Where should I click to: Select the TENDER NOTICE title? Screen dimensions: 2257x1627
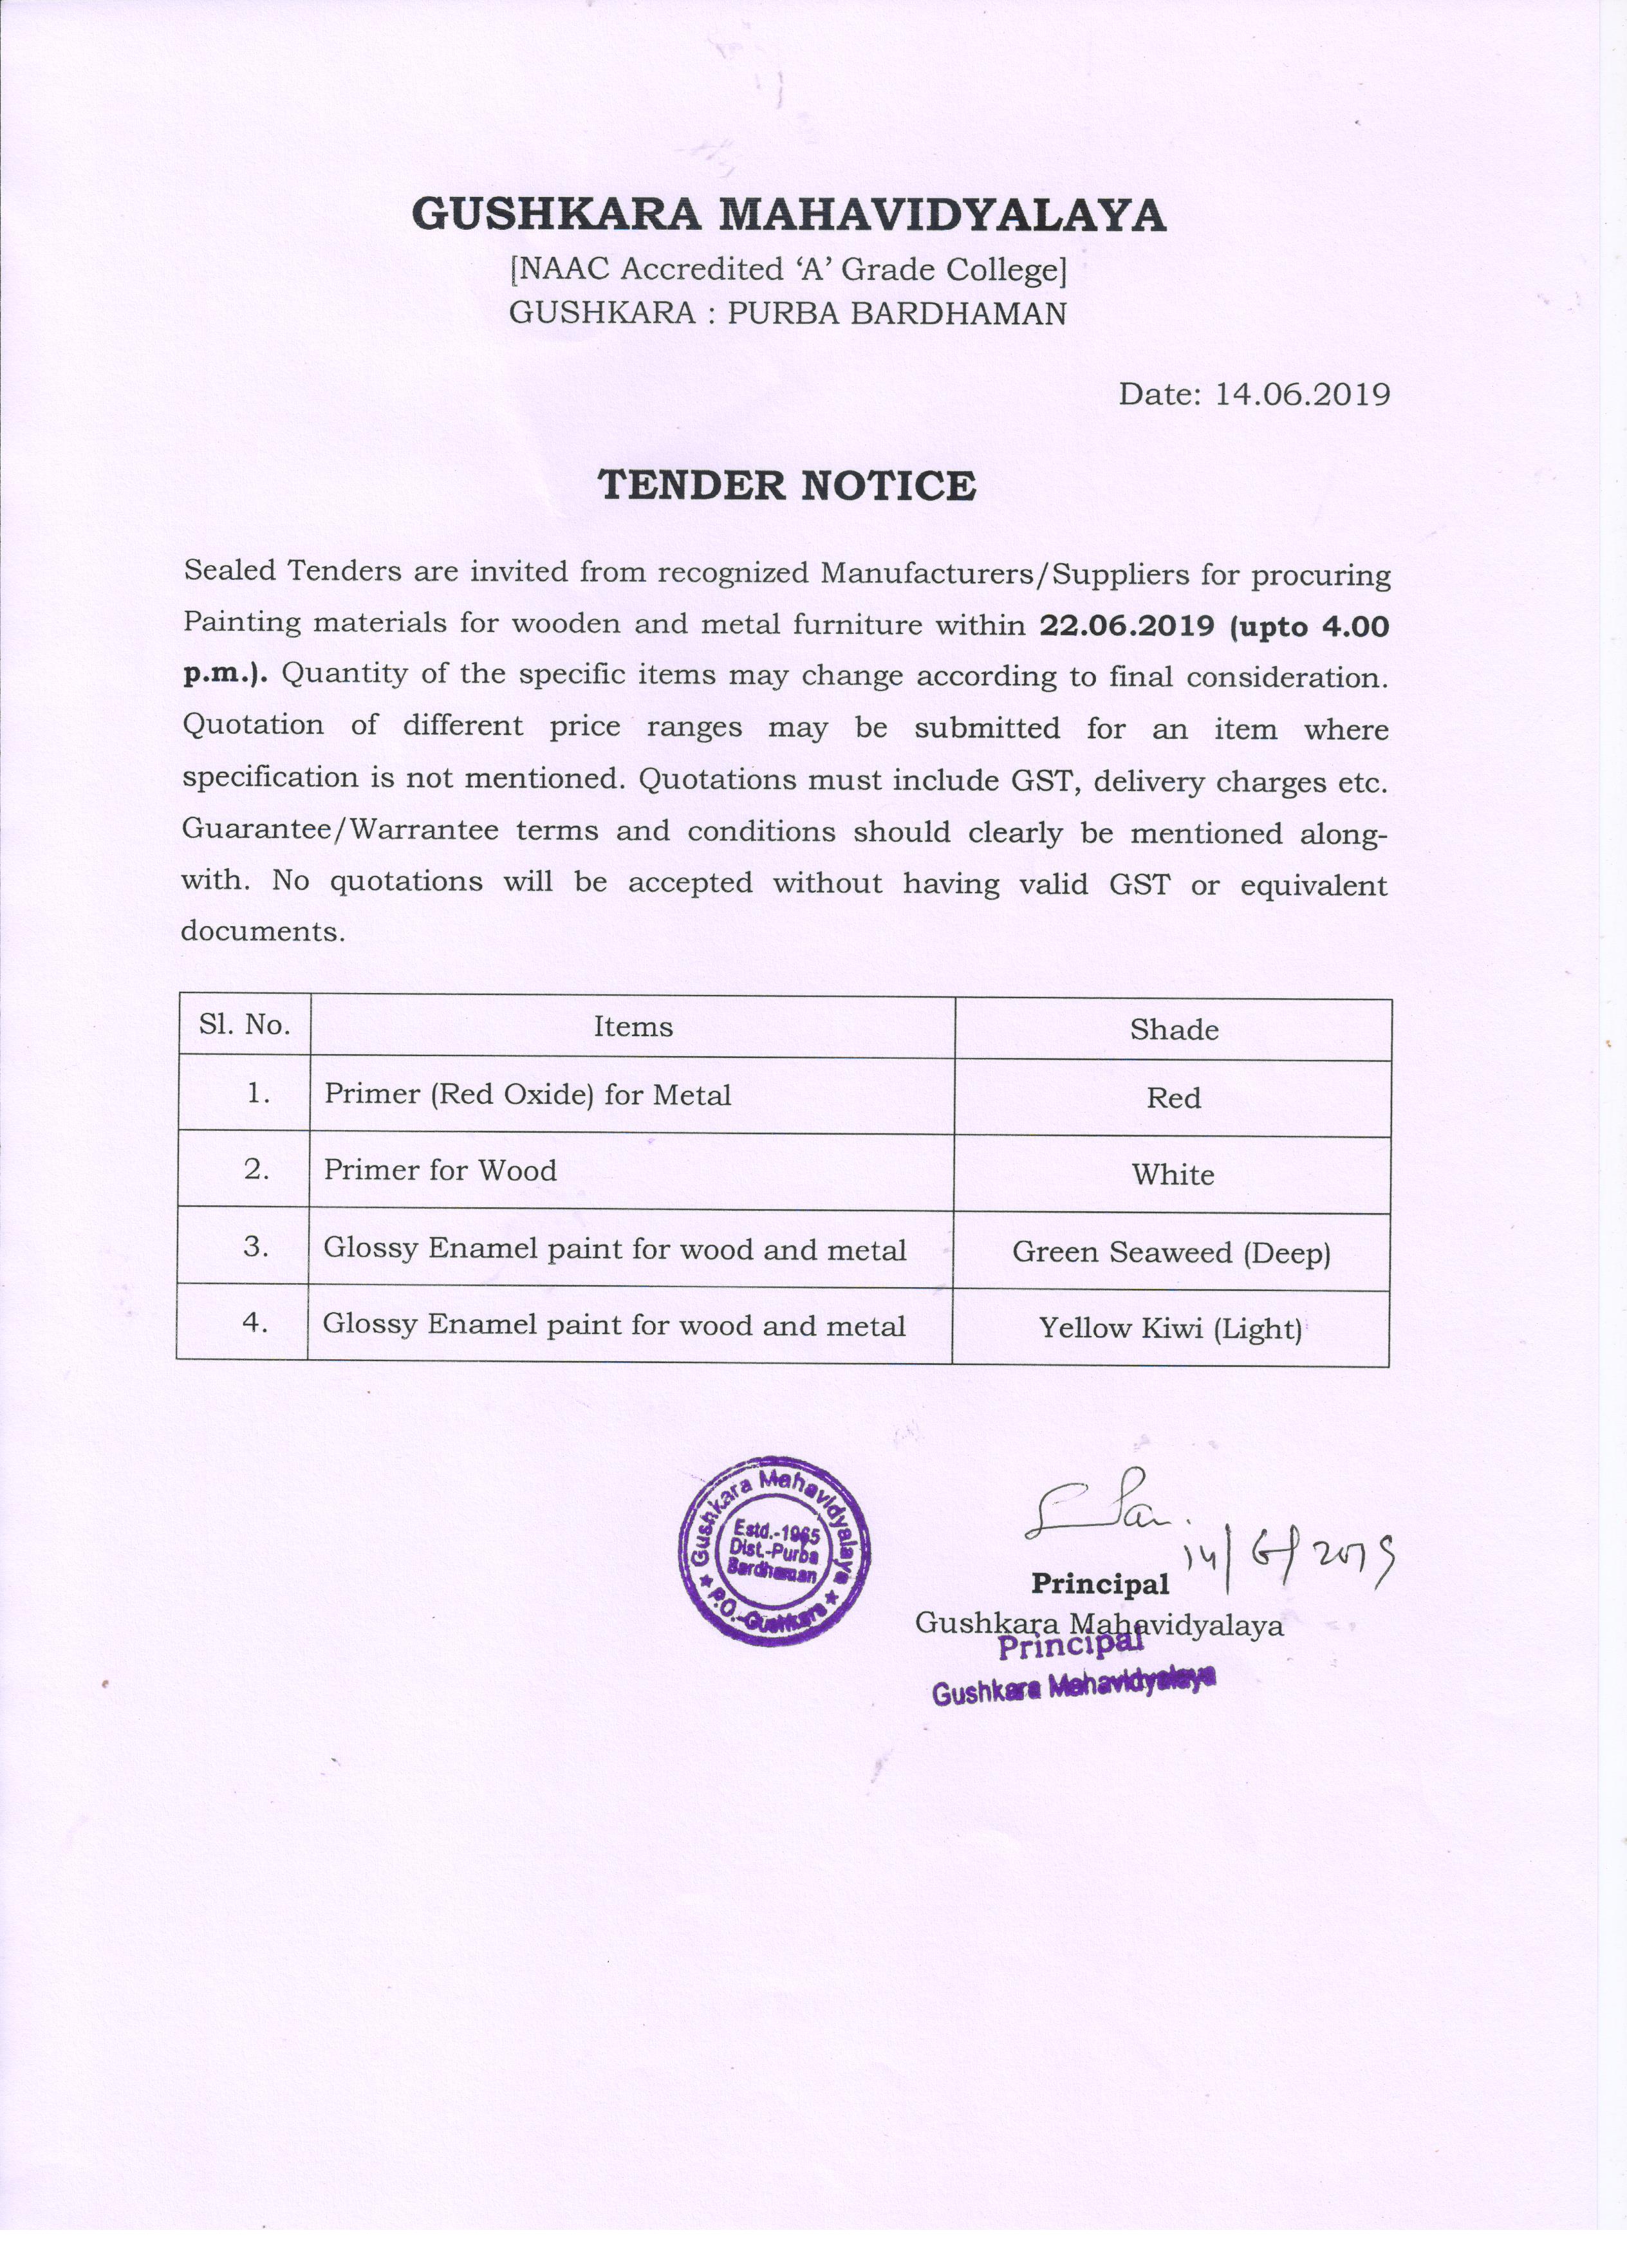(786, 486)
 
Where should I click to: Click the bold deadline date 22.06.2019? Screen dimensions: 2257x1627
(1126, 626)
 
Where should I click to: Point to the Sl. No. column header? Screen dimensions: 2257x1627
(244, 1025)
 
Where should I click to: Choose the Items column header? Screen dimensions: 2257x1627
(633, 1027)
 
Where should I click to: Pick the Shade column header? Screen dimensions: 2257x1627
(1173, 1030)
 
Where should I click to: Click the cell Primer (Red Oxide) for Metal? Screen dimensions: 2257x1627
(527, 1095)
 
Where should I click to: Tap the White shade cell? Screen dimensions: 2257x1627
(1172, 1175)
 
